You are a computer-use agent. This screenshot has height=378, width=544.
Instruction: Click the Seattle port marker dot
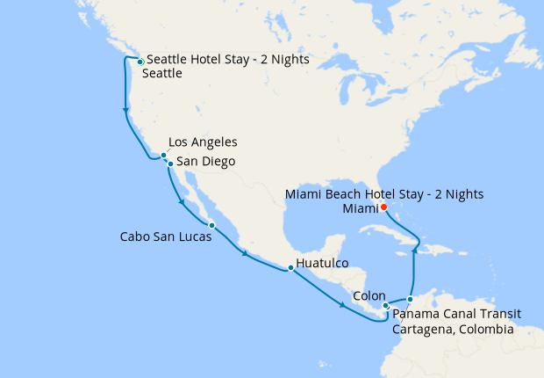tap(140, 62)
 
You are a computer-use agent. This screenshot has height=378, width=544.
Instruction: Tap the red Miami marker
tap(383, 207)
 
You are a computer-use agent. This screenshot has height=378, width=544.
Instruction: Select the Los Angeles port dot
tap(163, 156)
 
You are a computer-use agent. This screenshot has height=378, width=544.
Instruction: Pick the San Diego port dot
tap(169, 163)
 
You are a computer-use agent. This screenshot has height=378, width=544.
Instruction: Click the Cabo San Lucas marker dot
tap(211, 226)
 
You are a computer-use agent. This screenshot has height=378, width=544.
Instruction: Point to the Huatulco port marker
tap(289, 268)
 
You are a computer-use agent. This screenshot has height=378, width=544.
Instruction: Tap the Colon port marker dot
tap(386, 306)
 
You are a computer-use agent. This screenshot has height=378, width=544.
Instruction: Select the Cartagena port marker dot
tap(410, 300)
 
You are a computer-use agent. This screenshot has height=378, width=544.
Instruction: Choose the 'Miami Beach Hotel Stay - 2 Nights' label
tap(385, 194)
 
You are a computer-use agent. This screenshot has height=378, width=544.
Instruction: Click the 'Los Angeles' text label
tap(203, 142)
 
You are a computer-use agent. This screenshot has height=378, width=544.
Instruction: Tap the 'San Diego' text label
tap(205, 162)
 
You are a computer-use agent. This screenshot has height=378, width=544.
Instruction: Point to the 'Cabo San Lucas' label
tap(166, 237)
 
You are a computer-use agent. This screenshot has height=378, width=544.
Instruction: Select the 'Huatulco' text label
tap(324, 263)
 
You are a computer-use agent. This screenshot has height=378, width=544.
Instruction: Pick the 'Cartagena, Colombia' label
tap(453, 330)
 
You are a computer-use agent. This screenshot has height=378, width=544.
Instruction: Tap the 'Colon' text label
tap(369, 296)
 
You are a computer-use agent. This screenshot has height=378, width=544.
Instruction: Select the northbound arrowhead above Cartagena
tap(412, 251)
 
